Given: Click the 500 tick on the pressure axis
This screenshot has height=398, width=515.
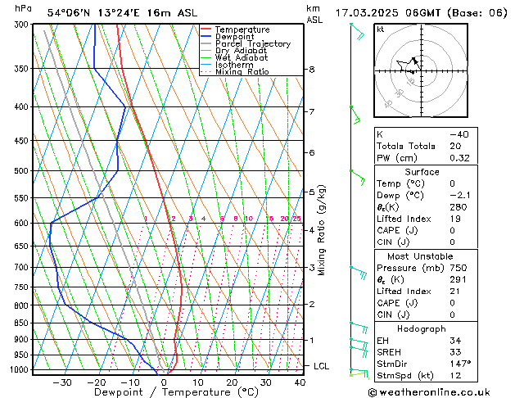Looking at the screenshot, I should coord(21,171).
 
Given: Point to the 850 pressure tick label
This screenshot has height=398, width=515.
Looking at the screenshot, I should coord(21,323).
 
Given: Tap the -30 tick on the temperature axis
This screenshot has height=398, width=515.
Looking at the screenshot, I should coord(62,382).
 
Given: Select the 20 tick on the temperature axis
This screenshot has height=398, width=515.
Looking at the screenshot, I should coord(232,382).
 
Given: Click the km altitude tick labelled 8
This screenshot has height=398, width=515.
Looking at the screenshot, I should coord(311,70).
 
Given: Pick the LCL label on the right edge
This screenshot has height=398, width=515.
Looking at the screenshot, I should coord(322,366).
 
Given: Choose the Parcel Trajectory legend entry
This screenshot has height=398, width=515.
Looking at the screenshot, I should coord(252,44).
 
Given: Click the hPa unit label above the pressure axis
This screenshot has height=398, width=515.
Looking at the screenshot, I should coord(24,9).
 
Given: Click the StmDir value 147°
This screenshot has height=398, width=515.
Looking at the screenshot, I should coord(459,364).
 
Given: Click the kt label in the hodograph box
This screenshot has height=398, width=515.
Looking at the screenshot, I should coord(381,29).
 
